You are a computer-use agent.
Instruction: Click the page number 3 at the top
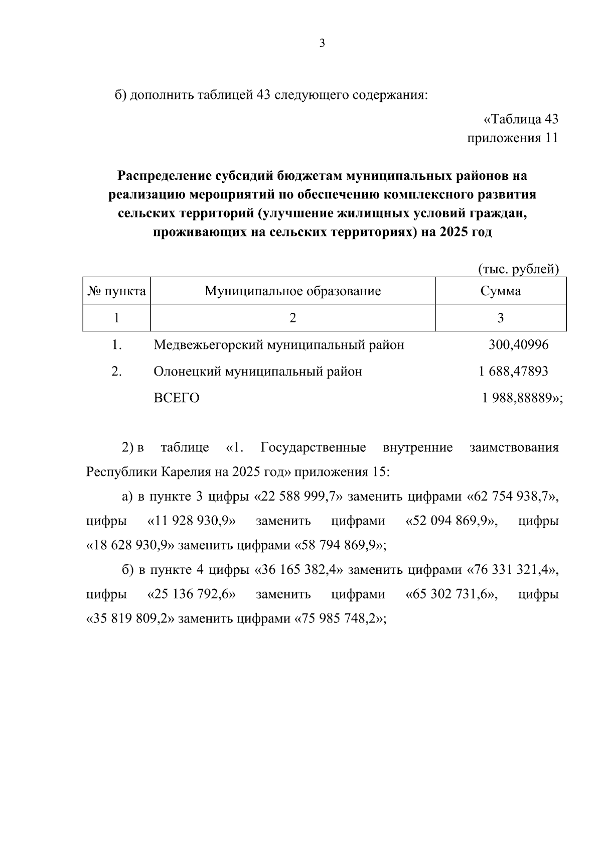click(322, 44)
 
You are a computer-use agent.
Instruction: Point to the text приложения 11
click(512, 138)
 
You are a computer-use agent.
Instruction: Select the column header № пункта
click(116, 291)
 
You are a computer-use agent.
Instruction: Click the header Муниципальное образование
click(292, 291)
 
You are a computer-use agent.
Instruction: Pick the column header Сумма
click(500, 291)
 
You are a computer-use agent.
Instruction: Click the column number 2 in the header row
click(292, 318)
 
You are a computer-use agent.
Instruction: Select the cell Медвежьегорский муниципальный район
click(278, 345)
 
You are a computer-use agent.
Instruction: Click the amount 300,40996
click(518, 345)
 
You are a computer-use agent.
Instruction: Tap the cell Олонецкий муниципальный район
click(257, 372)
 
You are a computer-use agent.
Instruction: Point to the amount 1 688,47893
click(513, 372)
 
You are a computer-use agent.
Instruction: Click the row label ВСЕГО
click(176, 398)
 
